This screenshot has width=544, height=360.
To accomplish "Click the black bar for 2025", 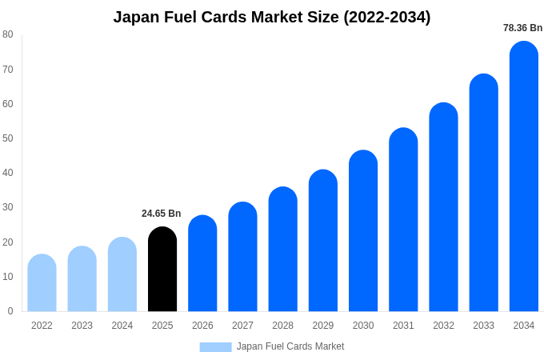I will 162,270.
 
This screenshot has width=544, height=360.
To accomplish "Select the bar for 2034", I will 524,177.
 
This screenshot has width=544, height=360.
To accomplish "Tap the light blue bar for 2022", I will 42,283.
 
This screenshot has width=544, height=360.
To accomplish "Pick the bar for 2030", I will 363,231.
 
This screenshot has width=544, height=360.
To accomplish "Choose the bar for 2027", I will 242,257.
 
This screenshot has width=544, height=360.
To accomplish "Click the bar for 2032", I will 443,207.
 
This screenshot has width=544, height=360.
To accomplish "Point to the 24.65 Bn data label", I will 162,214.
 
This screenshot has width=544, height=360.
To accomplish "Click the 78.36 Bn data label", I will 522,28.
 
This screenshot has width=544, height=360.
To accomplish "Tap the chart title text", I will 272,17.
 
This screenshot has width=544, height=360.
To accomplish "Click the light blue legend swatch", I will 215,346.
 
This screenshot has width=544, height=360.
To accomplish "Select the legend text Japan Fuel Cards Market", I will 290,346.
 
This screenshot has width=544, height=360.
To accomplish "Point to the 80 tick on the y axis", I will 8,34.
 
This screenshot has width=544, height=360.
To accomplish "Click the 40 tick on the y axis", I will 8,173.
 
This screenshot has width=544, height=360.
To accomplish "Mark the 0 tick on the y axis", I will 10,311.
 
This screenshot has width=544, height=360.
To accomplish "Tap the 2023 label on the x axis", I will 82,326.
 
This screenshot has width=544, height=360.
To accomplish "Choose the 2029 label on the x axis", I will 323,326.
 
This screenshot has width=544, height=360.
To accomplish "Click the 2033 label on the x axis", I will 483,326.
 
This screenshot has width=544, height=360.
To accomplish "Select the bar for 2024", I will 122,274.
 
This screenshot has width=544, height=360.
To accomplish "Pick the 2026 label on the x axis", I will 202,326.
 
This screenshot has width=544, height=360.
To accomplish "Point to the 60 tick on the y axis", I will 8,104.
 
